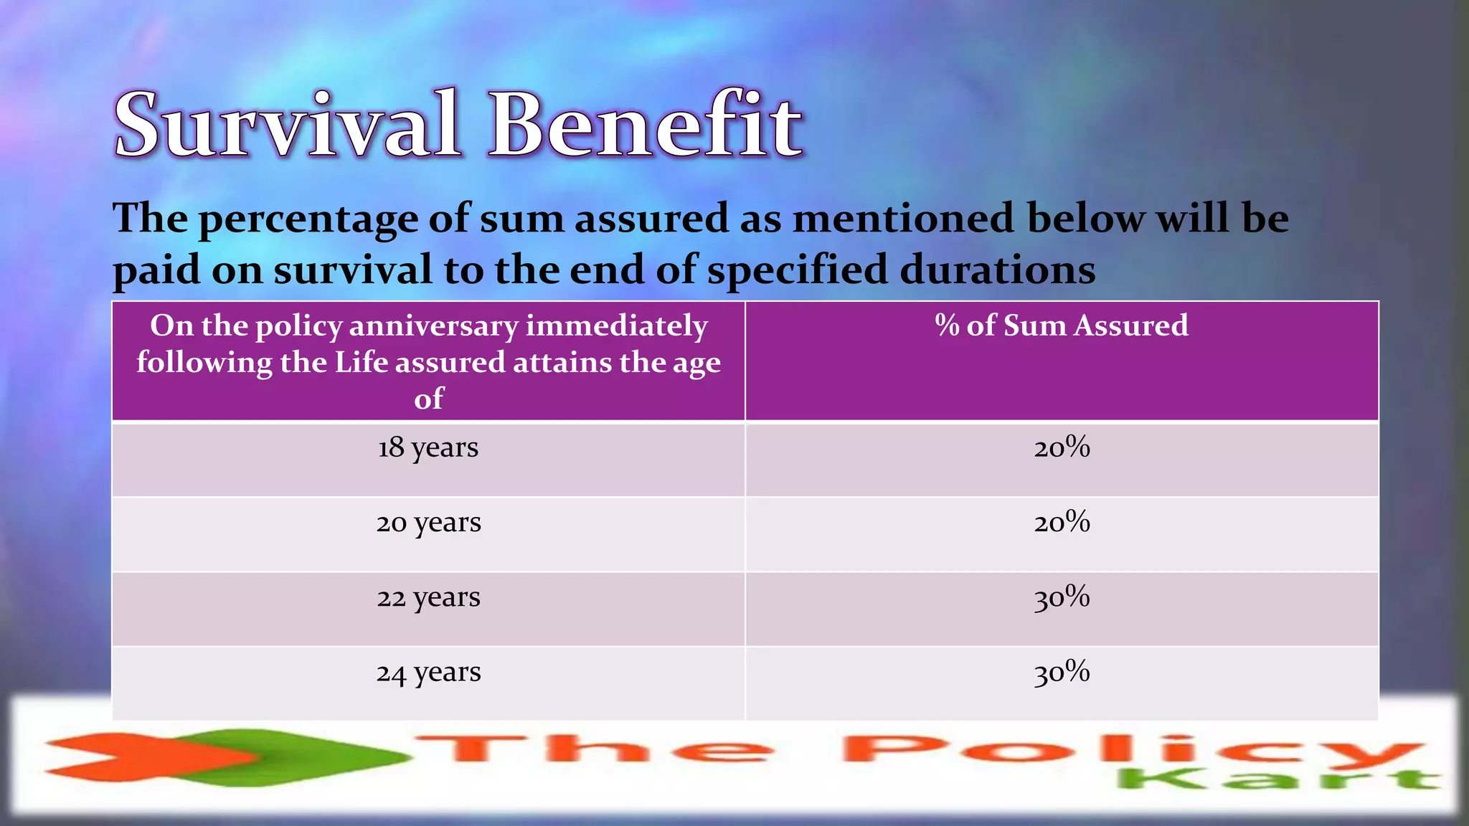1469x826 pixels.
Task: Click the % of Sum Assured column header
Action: click(1062, 326)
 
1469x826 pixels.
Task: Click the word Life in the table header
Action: click(362, 362)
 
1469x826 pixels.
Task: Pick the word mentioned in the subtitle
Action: click(904, 218)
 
